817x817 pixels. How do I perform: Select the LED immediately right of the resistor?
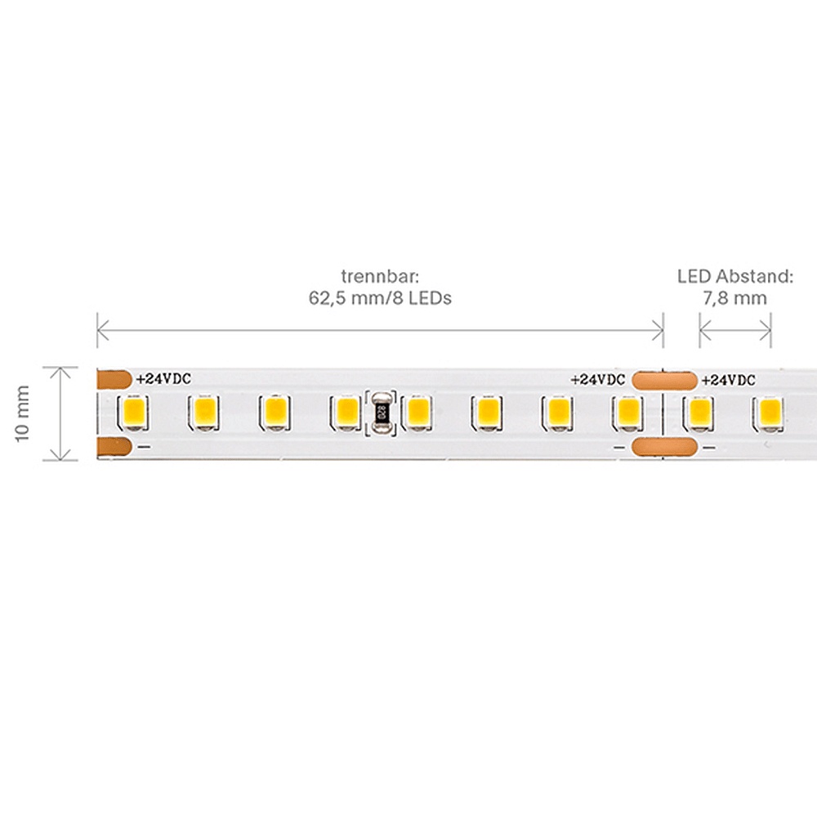tap(417, 412)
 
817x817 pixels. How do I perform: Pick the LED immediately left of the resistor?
tap(345, 412)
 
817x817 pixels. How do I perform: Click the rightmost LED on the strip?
tap(768, 412)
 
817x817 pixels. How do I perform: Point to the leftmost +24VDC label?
tap(163, 379)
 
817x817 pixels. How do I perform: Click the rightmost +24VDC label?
tap(728, 380)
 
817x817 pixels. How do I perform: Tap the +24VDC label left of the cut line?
tap(597, 380)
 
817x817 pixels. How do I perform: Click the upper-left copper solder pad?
tap(113, 379)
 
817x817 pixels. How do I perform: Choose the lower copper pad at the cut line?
tap(663, 447)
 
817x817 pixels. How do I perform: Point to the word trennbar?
tap(380, 276)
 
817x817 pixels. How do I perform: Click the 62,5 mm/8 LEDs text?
tap(380, 298)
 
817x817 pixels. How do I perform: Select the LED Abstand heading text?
tap(735, 276)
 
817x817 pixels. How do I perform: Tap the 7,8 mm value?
tap(735, 298)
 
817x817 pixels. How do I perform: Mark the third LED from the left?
tap(274, 412)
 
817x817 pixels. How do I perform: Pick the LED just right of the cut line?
tap(697, 412)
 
